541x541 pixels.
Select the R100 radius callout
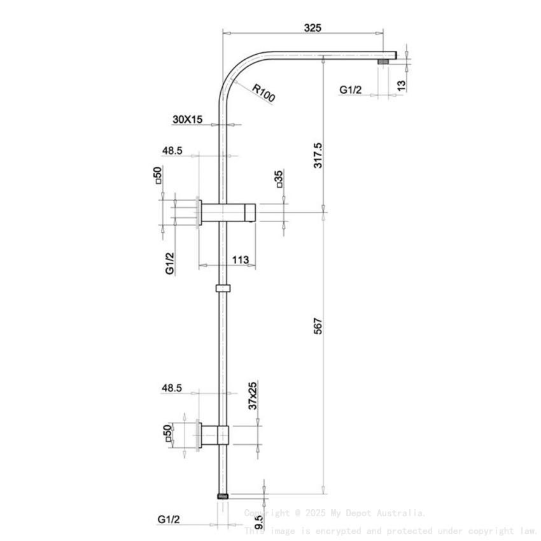(x=263, y=94)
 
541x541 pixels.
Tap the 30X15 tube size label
(x=187, y=119)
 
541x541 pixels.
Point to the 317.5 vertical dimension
(x=318, y=155)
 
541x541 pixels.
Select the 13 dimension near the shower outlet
(x=400, y=84)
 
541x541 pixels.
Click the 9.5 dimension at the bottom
(x=260, y=523)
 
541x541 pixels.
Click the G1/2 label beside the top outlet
(x=350, y=90)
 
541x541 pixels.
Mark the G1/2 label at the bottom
(x=169, y=519)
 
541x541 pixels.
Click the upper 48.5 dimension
(x=172, y=151)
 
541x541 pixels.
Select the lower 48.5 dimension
(x=172, y=386)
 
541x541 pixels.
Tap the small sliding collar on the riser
(x=222, y=288)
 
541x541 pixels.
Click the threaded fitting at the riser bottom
(x=222, y=494)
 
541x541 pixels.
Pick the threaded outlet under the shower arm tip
(x=384, y=62)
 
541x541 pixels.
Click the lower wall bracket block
(x=215, y=434)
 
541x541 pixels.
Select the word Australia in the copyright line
(x=400, y=512)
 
